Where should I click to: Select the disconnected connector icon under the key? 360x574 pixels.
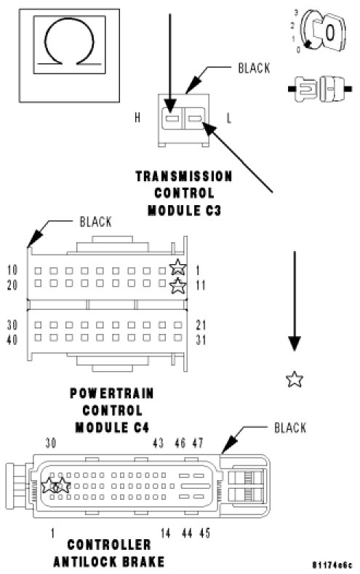[320, 89]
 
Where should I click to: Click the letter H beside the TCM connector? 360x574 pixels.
[137, 118]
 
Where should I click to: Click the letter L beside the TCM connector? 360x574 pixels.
[229, 119]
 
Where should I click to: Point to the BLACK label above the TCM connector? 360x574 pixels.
[254, 68]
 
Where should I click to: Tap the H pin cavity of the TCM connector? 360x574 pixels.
[172, 119]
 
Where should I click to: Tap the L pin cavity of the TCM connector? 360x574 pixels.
[195, 119]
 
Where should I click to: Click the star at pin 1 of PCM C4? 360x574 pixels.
[178, 267]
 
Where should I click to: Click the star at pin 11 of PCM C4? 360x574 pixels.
[178, 285]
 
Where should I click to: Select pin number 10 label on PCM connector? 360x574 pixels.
[12, 270]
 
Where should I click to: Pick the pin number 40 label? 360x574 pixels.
[12, 340]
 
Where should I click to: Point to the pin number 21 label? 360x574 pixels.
[201, 325]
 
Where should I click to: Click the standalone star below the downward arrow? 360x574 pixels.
[295, 379]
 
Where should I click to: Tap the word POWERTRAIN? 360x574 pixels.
[112, 394]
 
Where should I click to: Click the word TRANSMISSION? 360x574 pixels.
[184, 177]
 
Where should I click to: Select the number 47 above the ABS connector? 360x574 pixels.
[198, 443]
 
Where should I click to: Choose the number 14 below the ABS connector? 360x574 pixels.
[165, 533]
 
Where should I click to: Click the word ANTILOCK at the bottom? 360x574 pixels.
[89, 562]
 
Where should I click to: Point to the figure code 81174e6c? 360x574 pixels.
[332, 565]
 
